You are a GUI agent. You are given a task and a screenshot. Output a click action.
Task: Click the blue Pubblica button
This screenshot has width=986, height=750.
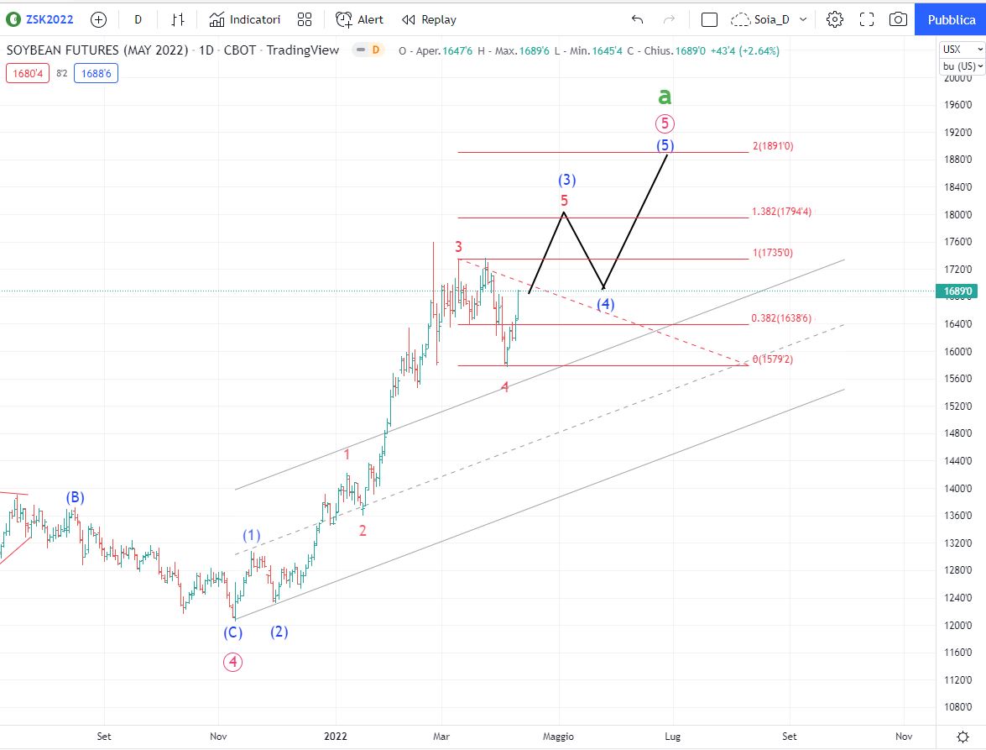coord(951,19)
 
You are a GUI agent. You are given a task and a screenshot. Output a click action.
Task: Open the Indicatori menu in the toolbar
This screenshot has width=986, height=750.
coord(245,19)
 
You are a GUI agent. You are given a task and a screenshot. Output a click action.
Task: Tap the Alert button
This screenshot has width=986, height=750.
coord(359,19)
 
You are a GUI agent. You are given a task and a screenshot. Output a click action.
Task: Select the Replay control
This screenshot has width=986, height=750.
coord(429,19)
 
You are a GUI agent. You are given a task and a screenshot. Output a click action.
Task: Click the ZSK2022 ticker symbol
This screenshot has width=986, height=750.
coord(49,19)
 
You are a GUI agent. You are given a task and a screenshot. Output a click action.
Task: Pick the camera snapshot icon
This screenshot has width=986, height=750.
coord(898,19)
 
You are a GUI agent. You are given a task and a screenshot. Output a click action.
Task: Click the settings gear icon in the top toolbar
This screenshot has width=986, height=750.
coord(834,19)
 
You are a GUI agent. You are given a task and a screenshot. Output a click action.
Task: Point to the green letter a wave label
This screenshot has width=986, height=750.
coord(665,97)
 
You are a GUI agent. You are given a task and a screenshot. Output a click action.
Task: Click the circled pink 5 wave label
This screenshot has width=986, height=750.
coord(665,123)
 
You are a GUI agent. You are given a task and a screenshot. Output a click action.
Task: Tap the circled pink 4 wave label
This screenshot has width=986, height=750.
coord(232,662)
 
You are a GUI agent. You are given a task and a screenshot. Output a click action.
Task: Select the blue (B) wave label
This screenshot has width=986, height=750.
coord(75,497)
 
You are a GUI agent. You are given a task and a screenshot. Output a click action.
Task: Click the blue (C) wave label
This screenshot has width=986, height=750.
coord(232,632)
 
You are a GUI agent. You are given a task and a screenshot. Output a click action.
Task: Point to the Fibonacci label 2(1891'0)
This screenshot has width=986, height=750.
coord(773,146)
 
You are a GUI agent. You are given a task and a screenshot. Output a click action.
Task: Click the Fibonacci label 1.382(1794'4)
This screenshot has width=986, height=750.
coord(781,212)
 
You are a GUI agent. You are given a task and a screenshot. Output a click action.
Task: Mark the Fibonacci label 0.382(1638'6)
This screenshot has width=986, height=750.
coord(781,317)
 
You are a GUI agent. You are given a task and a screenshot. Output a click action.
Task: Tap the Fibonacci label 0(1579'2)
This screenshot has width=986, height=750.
coord(773,359)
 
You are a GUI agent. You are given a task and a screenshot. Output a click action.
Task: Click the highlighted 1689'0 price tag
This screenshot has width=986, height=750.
coord(957,291)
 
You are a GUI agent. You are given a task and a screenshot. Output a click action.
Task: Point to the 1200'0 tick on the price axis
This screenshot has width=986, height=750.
coord(957,625)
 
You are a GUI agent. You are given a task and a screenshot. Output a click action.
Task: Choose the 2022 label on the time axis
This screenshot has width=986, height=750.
coord(335,737)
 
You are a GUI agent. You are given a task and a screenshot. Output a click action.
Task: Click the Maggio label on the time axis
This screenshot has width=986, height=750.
coord(558,737)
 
